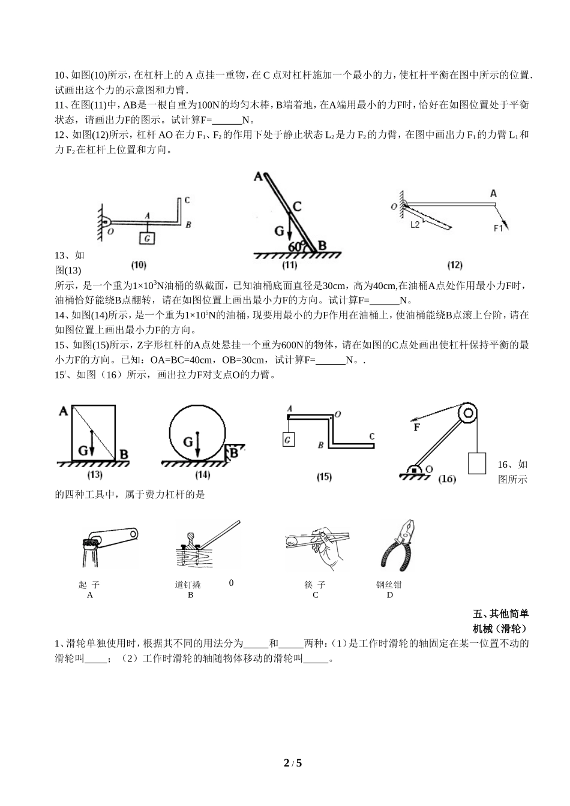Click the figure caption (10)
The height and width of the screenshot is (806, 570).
(139, 265)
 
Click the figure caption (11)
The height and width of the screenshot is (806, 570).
(289, 265)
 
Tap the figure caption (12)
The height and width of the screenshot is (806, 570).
(455, 265)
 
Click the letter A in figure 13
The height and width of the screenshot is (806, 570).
(64, 411)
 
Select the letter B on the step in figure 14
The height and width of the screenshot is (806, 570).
(234, 453)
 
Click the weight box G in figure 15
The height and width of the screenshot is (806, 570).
(289, 440)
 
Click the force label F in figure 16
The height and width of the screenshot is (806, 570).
(416, 428)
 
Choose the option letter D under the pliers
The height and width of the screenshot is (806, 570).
(389, 595)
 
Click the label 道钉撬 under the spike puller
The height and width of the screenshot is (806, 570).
(188, 585)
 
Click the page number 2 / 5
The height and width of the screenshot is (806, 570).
(293, 763)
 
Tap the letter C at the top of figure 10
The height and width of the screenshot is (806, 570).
(187, 200)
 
